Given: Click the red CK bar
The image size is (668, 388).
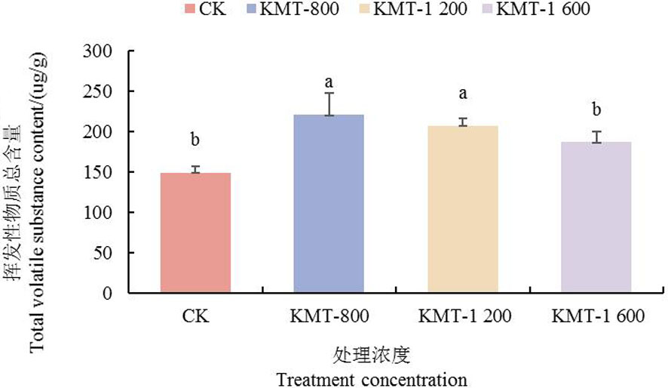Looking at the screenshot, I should [196, 232].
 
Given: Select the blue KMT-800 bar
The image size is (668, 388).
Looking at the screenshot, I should [329, 203].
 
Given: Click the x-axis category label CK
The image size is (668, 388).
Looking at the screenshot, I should [196, 316].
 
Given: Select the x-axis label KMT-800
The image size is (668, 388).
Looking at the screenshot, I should [329, 316].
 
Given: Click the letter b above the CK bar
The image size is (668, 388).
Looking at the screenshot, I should [195, 140].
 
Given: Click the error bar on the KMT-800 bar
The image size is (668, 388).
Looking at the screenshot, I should [329, 103].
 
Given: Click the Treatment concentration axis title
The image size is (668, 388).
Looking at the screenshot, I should [372, 378].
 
